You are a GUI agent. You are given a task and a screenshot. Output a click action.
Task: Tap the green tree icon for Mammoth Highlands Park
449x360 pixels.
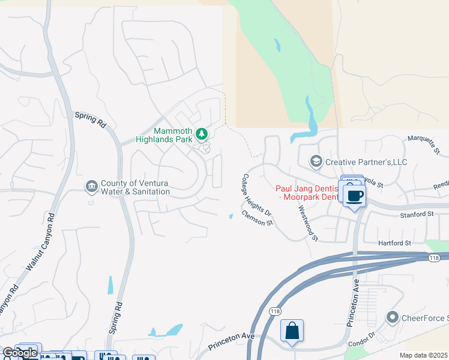202,133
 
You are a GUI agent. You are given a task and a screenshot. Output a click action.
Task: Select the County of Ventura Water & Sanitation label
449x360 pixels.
134,187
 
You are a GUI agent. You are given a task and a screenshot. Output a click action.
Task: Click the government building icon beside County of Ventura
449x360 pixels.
91,187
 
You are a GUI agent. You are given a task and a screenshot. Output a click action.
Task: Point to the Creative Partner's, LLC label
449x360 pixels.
366,162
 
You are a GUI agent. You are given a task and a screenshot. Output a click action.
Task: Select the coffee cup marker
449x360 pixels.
355,195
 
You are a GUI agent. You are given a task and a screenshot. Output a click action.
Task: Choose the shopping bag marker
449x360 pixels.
292,331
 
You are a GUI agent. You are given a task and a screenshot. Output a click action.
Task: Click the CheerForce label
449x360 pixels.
425,317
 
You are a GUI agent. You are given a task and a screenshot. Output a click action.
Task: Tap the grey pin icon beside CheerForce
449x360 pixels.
393,317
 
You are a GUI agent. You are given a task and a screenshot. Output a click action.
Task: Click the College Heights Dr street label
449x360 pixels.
257,196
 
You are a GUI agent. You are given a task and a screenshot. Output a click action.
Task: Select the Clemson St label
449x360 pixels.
258,218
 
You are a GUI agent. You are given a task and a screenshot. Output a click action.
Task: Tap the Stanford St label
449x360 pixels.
418,214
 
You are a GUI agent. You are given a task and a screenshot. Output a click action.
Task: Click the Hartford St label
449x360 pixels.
394,243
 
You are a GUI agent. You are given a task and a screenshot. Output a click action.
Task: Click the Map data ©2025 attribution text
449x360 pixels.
423,355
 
